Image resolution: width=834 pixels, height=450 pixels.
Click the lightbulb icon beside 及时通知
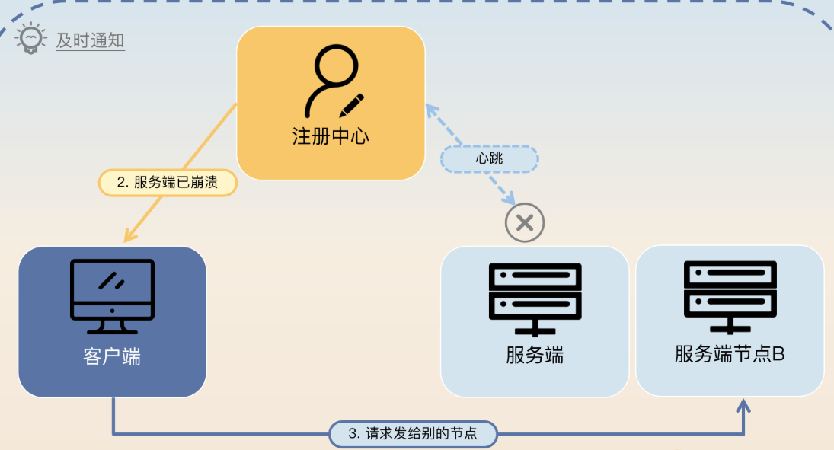pos(30,39)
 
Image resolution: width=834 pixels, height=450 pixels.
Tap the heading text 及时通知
pos(90,40)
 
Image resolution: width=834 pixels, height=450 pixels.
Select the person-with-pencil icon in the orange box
pos(331,81)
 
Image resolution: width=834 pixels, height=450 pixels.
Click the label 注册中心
pos(331,137)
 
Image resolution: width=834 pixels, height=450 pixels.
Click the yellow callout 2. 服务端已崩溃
pos(168,183)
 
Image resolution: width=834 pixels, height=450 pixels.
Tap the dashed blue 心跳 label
pos(490,159)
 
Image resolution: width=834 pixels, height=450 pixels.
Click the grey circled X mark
pos(525,223)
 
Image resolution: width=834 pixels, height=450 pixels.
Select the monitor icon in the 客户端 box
pos(113,296)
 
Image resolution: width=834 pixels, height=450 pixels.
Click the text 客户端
pos(112,356)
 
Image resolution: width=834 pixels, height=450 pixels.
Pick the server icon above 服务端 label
pos(535,299)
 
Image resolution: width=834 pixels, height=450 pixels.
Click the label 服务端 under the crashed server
pos(535,355)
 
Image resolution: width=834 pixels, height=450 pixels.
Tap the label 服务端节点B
pos(730,354)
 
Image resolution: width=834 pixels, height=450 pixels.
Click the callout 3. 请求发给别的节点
pos(413,434)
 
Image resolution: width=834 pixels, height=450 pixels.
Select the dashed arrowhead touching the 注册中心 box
pos(433,112)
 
